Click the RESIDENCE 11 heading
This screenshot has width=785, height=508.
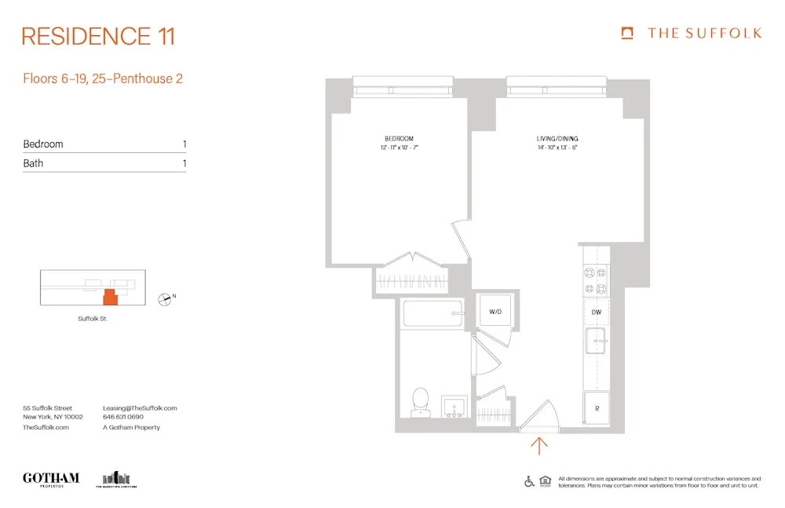(x=98, y=36)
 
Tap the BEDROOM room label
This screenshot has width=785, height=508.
(x=399, y=138)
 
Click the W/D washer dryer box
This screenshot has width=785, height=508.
(x=495, y=312)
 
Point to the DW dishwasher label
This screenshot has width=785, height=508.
(x=597, y=312)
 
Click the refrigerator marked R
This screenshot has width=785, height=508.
(x=597, y=409)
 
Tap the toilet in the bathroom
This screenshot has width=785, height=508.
(x=421, y=401)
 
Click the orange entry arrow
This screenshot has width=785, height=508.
(x=539, y=446)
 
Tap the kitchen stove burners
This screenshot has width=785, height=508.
(x=596, y=280)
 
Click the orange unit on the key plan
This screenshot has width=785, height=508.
(x=111, y=296)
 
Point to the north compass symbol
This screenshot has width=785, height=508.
(x=165, y=298)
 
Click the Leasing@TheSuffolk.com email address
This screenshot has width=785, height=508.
(x=140, y=408)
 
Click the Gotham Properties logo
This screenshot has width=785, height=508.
(x=51, y=478)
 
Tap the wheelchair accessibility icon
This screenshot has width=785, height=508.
(x=530, y=481)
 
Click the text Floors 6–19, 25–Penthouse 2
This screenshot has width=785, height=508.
(x=103, y=79)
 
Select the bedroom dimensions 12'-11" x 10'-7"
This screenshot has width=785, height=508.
(x=399, y=148)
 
